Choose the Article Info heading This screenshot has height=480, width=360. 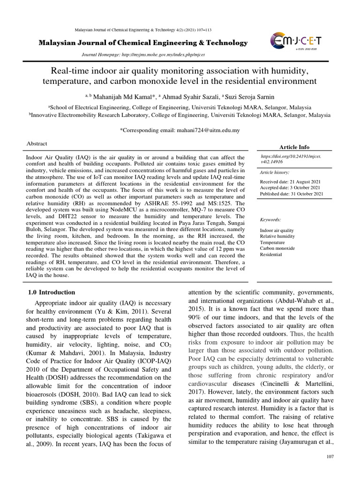coord(294,147)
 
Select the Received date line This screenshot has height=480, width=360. coord(291,181)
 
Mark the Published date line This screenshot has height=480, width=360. coord(292,193)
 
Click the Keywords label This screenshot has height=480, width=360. coord(270,219)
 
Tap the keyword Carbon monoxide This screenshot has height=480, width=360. coord(277,248)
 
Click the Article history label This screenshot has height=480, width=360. coord(276,172)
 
